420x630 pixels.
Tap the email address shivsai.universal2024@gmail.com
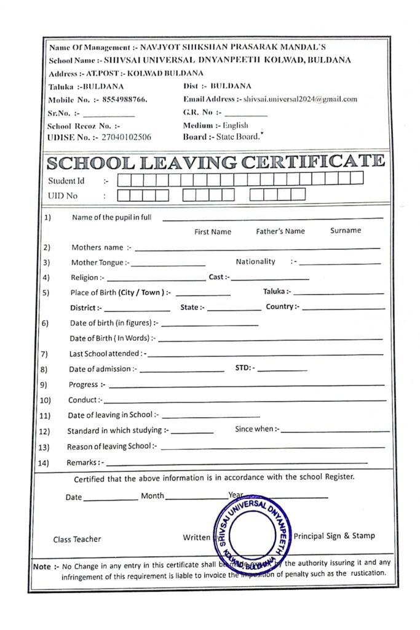(300, 99)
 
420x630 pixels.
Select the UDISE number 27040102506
(126, 137)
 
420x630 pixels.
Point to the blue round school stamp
(253, 533)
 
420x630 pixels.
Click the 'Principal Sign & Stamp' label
(334, 535)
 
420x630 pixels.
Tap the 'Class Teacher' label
(77, 540)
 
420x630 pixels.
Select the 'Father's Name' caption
(280, 231)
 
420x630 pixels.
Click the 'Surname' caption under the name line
(346, 231)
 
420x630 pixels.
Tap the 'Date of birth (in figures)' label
(114, 323)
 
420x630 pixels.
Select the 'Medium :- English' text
(215, 126)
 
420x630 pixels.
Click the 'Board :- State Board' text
(221, 137)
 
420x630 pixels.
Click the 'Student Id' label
(66, 181)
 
